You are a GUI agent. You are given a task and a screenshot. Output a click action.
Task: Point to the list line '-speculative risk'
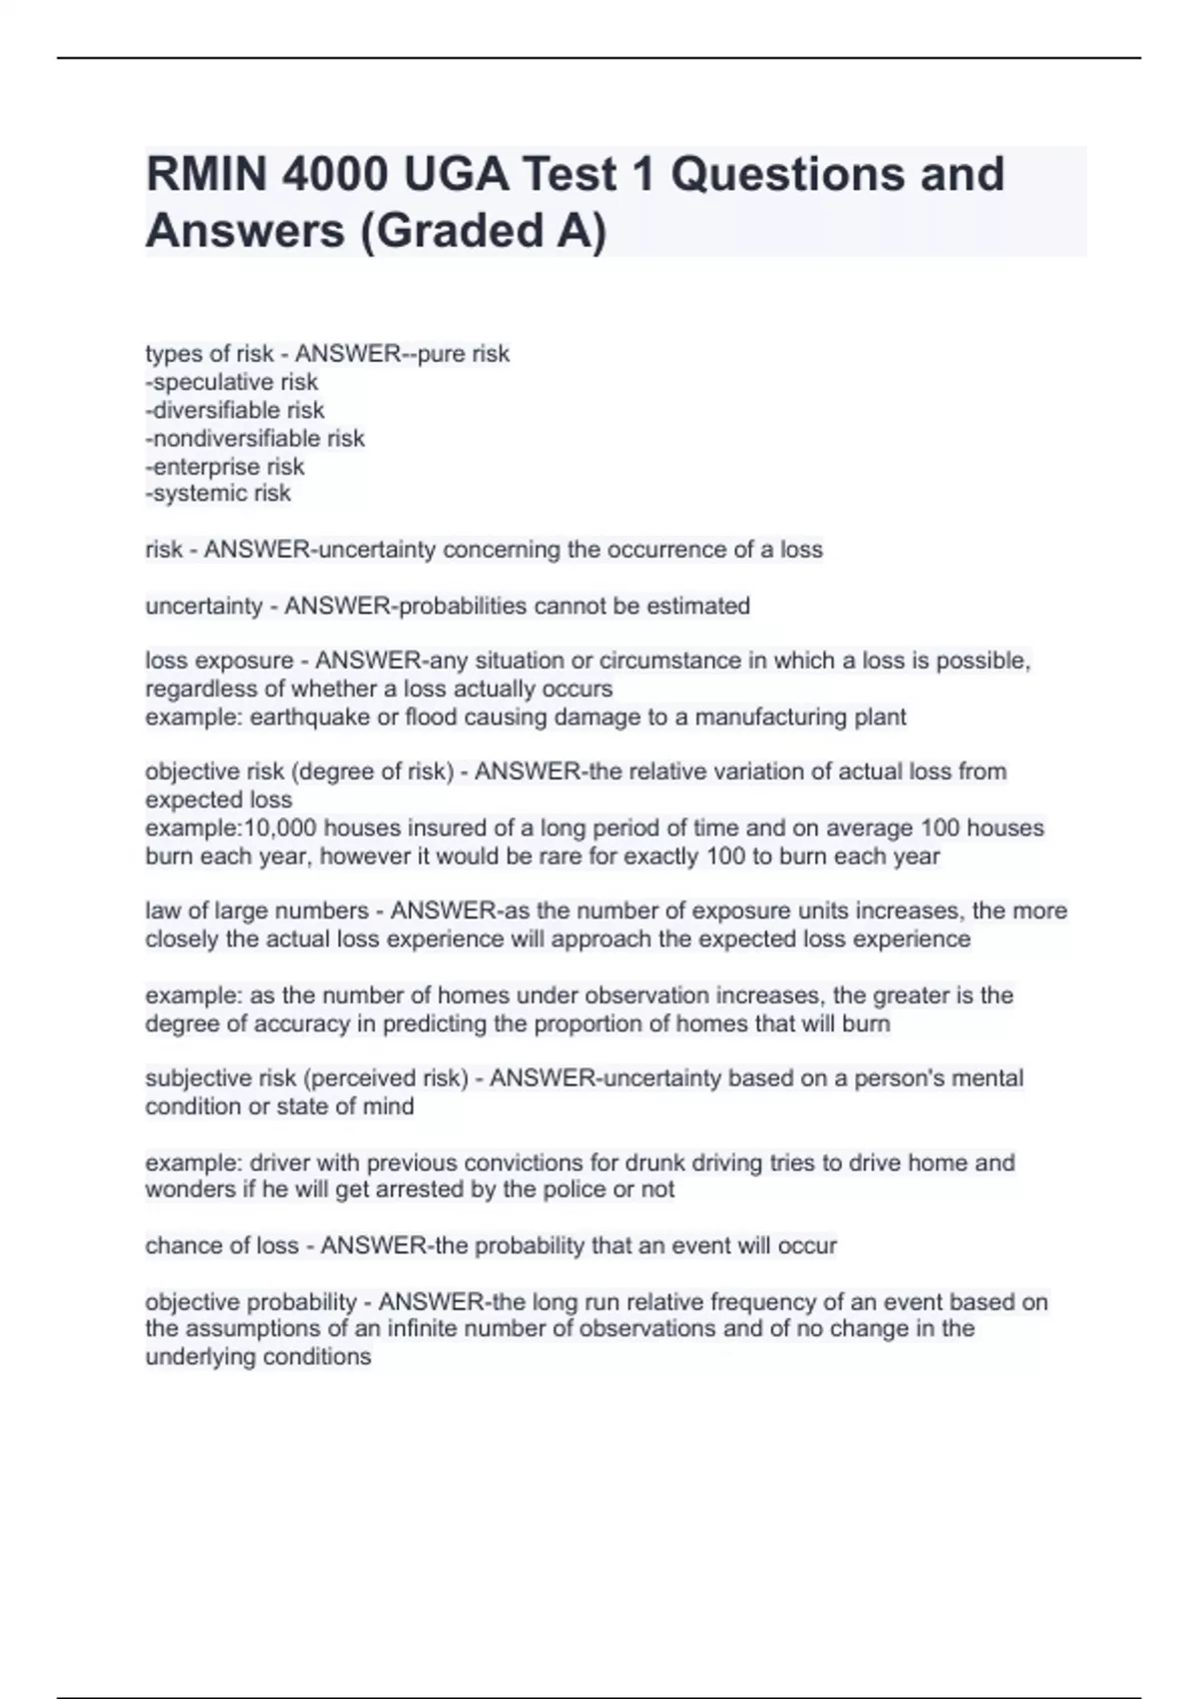click(232, 382)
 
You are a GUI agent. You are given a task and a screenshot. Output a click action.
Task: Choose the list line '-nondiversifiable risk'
click(255, 438)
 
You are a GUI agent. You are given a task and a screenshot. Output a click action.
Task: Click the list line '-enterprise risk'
click(225, 466)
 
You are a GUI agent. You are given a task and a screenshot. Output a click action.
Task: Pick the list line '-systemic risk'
click(218, 493)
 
